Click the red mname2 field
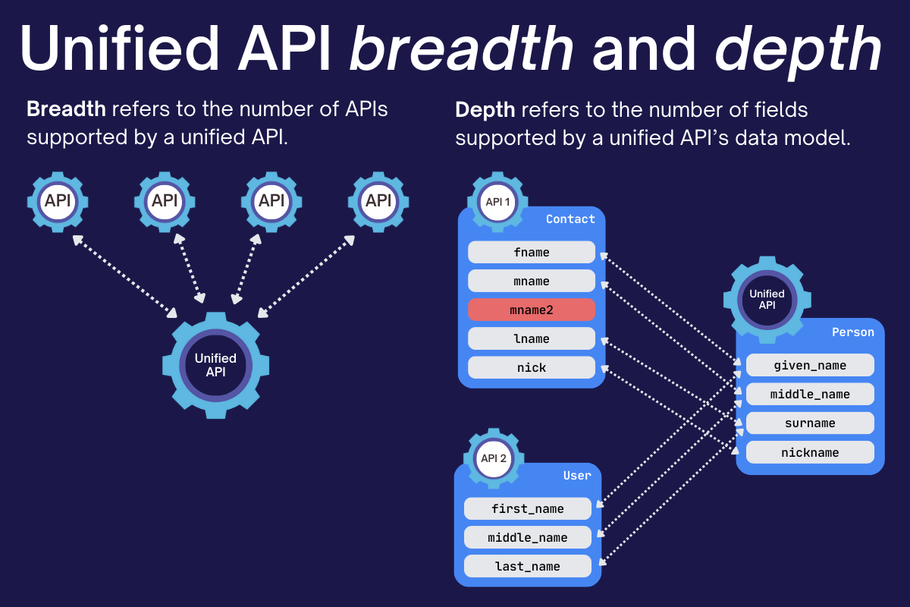pos(531,310)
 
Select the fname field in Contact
pos(531,252)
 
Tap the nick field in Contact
pos(531,367)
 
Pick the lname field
pos(531,338)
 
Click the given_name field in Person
pos(810,366)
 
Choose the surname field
pos(810,423)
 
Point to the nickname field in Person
pos(810,452)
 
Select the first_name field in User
pos(527,508)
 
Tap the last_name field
pos(527,566)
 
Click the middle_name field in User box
pos(527,537)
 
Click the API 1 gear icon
pos(498,202)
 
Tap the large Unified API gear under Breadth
pos(215,365)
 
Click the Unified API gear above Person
pos(767,299)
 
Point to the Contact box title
pos(570,219)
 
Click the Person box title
pos(852,332)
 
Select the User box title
pos(576,476)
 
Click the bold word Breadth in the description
pos(66,109)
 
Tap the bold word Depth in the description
pos(485,110)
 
